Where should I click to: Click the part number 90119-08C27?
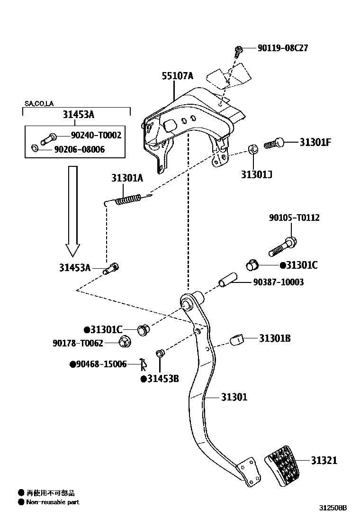(x=282, y=48)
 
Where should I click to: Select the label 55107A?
(x=178, y=76)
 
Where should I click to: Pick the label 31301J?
(x=256, y=174)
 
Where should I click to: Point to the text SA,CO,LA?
(x=39, y=104)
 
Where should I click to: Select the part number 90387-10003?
(x=278, y=282)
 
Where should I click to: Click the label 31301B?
(x=275, y=338)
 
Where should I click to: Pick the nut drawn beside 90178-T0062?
(x=125, y=341)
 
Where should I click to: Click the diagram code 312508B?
(x=332, y=508)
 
